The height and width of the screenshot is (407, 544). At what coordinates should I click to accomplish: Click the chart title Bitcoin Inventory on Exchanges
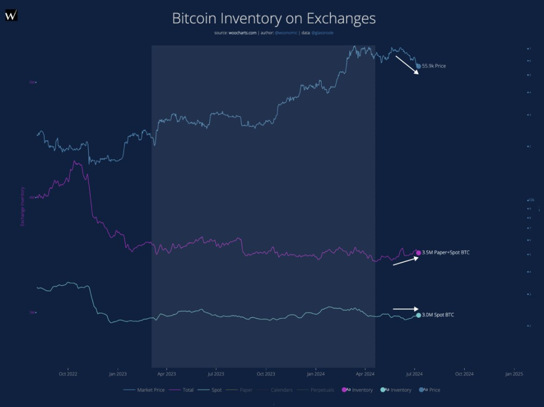pos(273,19)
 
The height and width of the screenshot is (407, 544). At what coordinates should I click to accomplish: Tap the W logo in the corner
pos(11,16)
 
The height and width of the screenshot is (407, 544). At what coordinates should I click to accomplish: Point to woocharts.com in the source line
pos(243,33)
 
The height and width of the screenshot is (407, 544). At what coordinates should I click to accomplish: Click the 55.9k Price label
pos(434,66)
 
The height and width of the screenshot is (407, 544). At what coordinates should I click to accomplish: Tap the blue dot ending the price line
pos(419,66)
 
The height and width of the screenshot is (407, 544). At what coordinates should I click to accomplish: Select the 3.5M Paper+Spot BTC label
pos(445,252)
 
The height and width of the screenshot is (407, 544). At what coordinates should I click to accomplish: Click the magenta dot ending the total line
pos(419,252)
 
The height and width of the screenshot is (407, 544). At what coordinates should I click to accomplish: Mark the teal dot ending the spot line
pos(419,315)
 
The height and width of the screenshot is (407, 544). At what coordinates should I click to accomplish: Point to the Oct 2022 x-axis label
pos(68,373)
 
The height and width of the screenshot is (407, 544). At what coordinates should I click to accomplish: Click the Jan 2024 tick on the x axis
pos(315,373)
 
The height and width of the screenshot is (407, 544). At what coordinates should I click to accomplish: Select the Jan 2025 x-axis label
pos(513,373)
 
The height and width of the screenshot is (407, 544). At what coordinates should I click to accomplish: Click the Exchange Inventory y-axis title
pos(22,206)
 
